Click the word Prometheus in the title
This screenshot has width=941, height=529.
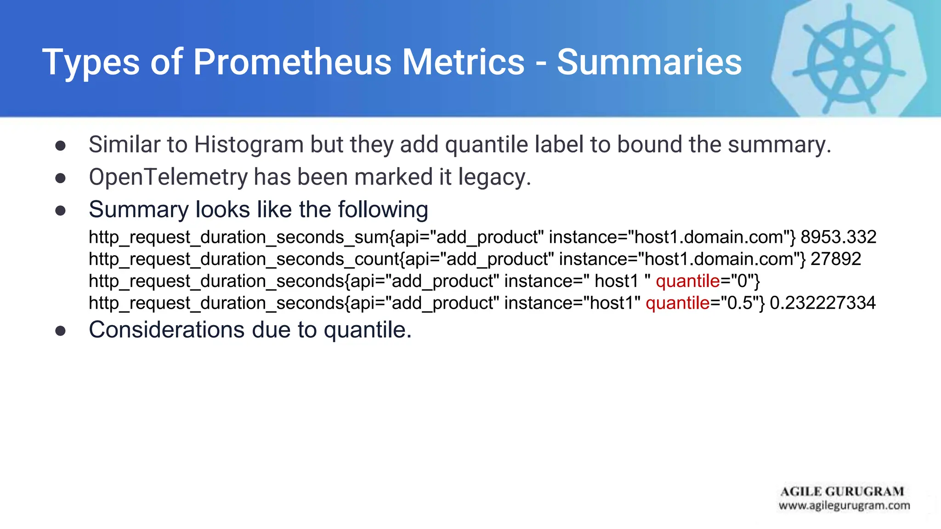pos(292,62)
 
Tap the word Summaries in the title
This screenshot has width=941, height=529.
pos(649,62)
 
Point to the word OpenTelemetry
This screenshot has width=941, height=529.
pos(168,177)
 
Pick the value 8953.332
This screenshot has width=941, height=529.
pos(839,237)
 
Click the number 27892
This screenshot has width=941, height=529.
pos(836,259)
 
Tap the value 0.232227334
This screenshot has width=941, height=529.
pos(822,303)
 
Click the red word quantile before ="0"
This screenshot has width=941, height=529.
pos(687,281)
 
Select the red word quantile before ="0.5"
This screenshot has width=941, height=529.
pos(677,303)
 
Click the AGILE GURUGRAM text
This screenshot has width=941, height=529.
pos(842,491)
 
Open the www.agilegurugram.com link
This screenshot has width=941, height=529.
pos(844,506)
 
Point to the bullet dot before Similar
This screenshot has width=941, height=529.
pos(60,146)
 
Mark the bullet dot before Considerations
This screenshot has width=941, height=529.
pos(60,331)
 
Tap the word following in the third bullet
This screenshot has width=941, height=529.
pos(383,210)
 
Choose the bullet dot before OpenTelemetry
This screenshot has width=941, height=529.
pos(60,178)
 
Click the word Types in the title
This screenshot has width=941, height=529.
pos(91,62)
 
